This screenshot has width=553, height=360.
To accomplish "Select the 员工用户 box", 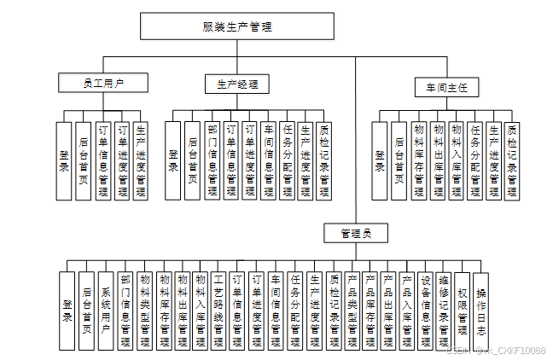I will pyautogui.click(x=103, y=83).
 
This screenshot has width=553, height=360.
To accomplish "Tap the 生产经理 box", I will pyautogui.click(x=237, y=84).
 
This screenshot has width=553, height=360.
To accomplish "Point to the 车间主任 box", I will pyautogui.click(x=446, y=88).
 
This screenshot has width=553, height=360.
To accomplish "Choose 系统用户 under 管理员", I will pyautogui.click(x=106, y=310).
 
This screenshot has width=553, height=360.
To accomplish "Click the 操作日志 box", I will pyautogui.click(x=482, y=310).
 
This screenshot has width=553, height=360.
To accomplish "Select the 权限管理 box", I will pyautogui.click(x=463, y=310).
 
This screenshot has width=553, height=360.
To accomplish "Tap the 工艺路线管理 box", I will pyautogui.click(x=218, y=310).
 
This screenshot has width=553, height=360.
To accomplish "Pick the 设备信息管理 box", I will pyautogui.click(x=425, y=310).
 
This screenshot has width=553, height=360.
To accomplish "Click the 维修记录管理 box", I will pyautogui.click(x=444, y=310).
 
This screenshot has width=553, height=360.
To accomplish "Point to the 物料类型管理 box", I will pyautogui.click(x=143, y=310).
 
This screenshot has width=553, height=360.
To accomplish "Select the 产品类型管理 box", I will pyautogui.click(x=351, y=310).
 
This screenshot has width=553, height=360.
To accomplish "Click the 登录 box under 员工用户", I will pyautogui.click(x=64, y=161).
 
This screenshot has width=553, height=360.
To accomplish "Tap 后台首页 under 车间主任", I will pyautogui.click(x=399, y=161).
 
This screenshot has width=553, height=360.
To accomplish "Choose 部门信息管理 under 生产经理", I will pyautogui.click(x=212, y=161).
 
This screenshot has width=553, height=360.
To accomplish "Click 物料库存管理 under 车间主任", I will pyautogui.click(x=417, y=161).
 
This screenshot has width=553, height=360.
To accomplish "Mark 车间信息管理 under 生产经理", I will pyautogui.click(x=268, y=161).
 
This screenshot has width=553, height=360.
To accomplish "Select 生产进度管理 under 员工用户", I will pyautogui.click(x=140, y=161).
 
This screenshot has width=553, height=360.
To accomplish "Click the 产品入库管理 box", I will pyautogui.click(x=406, y=310).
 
